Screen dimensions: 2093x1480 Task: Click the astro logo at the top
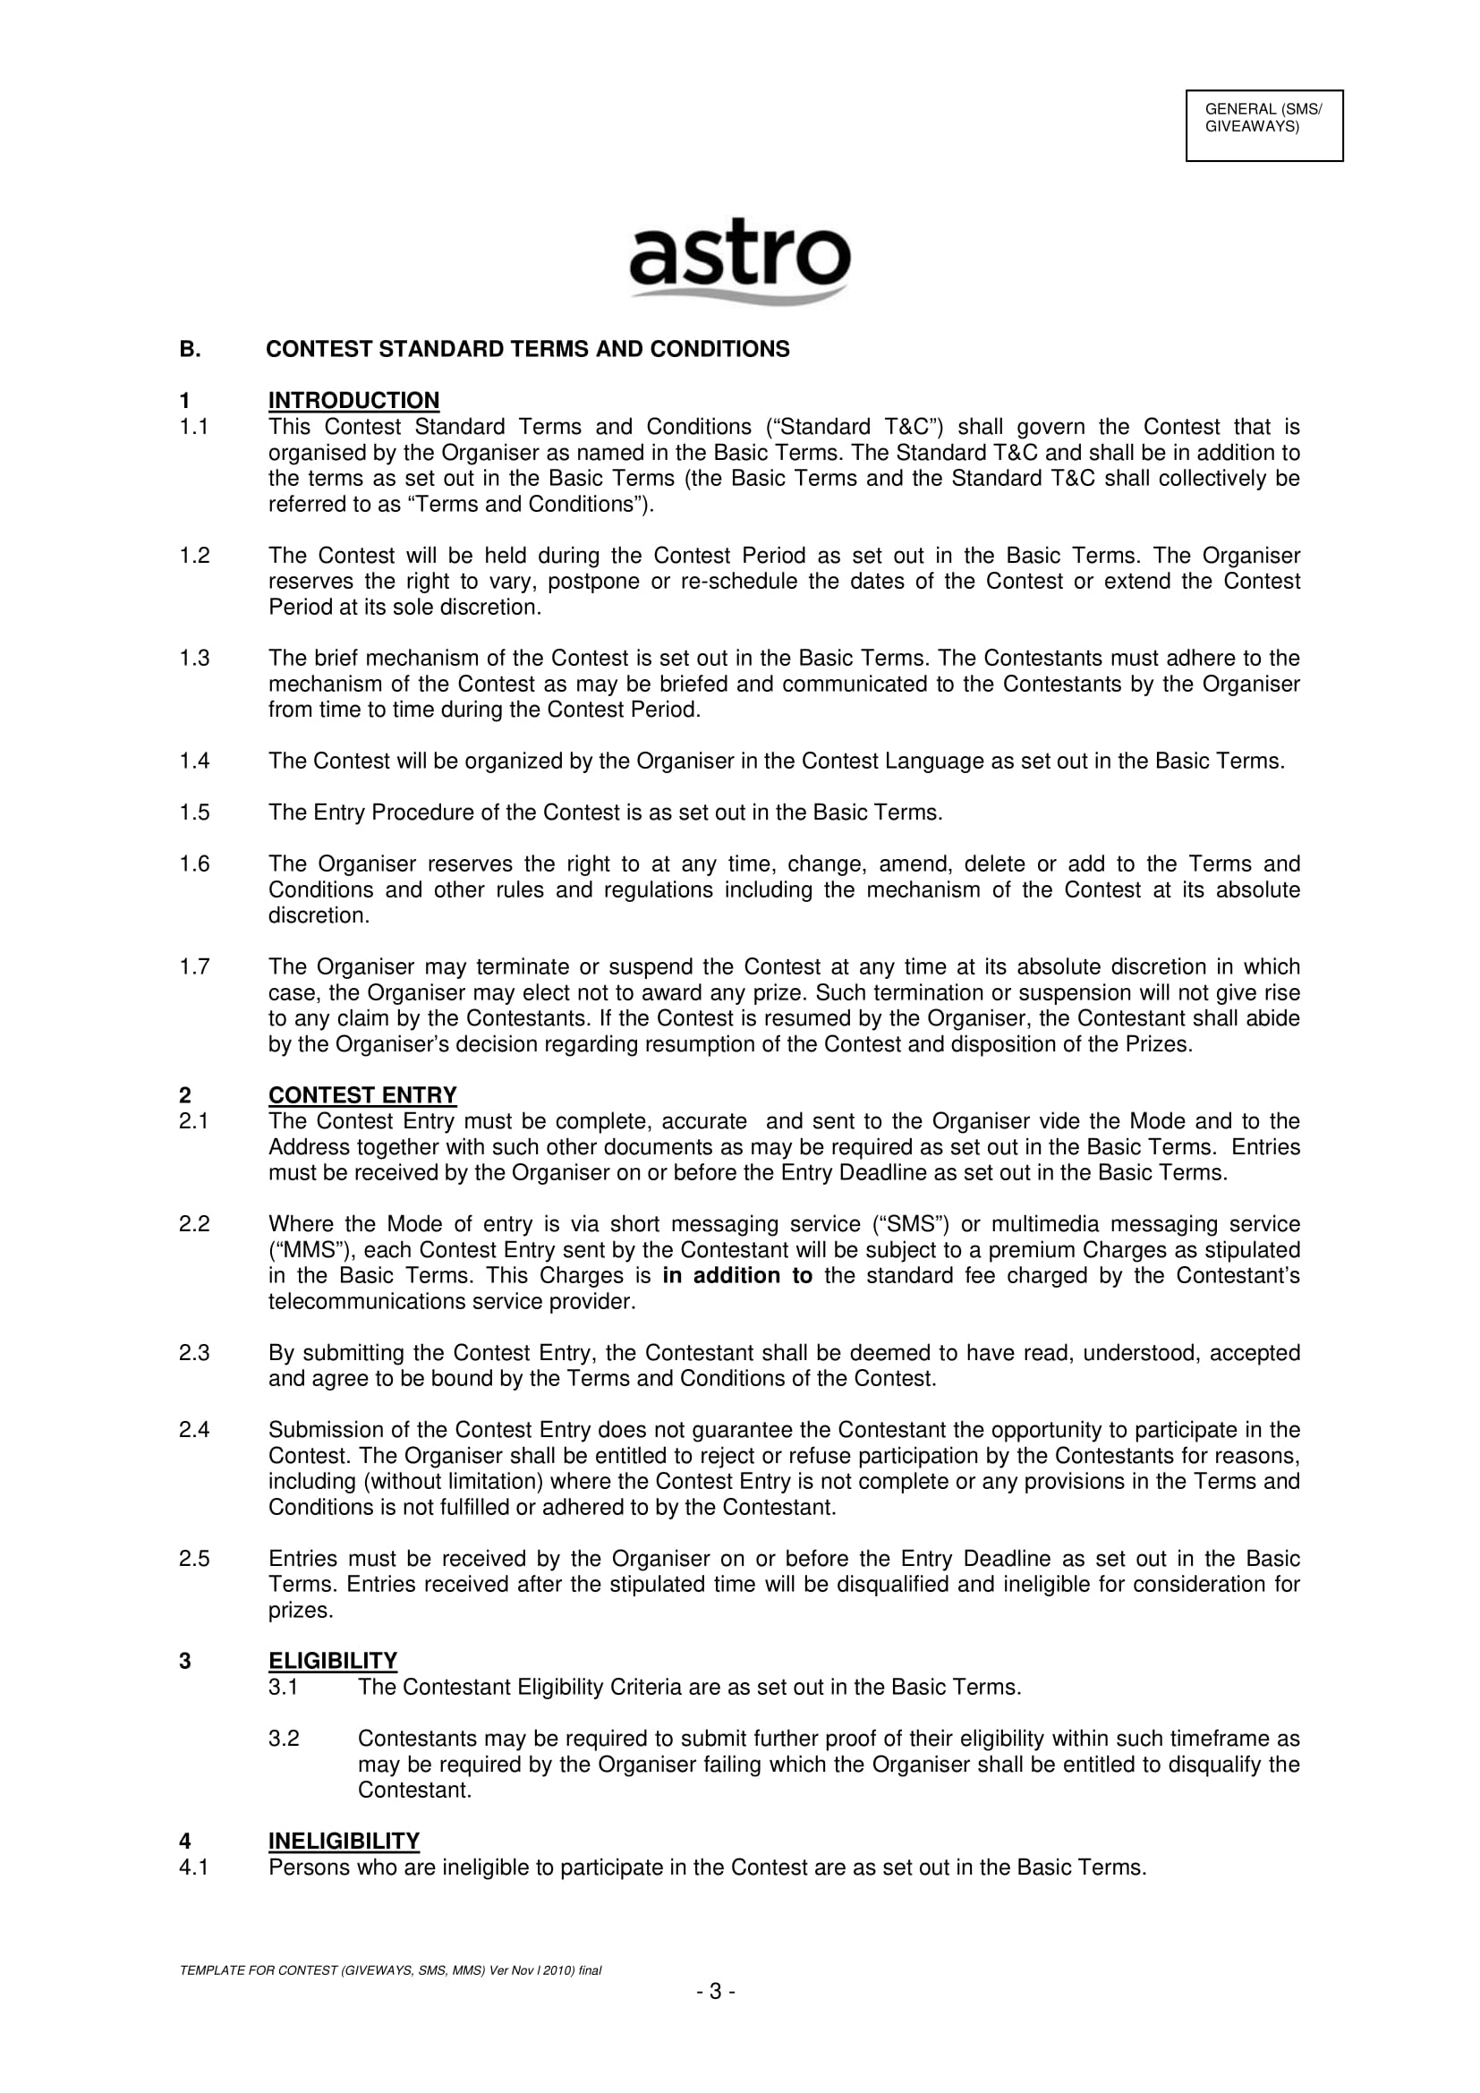[x=739, y=259]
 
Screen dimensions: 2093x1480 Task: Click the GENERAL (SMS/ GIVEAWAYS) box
[x=1263, y=126]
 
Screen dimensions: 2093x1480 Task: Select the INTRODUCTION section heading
[x=353, y=400]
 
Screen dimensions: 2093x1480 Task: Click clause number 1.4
[x=194, y=761]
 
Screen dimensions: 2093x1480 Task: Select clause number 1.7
[x=194, y=966]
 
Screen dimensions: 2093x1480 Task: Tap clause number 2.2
[x=194, y=1224]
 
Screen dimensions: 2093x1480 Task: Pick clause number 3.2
[x=284, y=1739]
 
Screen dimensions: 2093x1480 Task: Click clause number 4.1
[x=194, y=1867]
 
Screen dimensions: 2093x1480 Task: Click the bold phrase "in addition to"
[x=737, y=1275]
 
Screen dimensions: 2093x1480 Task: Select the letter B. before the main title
[x=190, y=349]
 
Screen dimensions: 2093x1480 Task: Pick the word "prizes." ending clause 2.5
[x=301, y=1610]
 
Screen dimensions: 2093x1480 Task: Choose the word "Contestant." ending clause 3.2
[x=414, y=1790]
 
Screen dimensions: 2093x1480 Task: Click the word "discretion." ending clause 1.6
[x=319, y=915]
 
